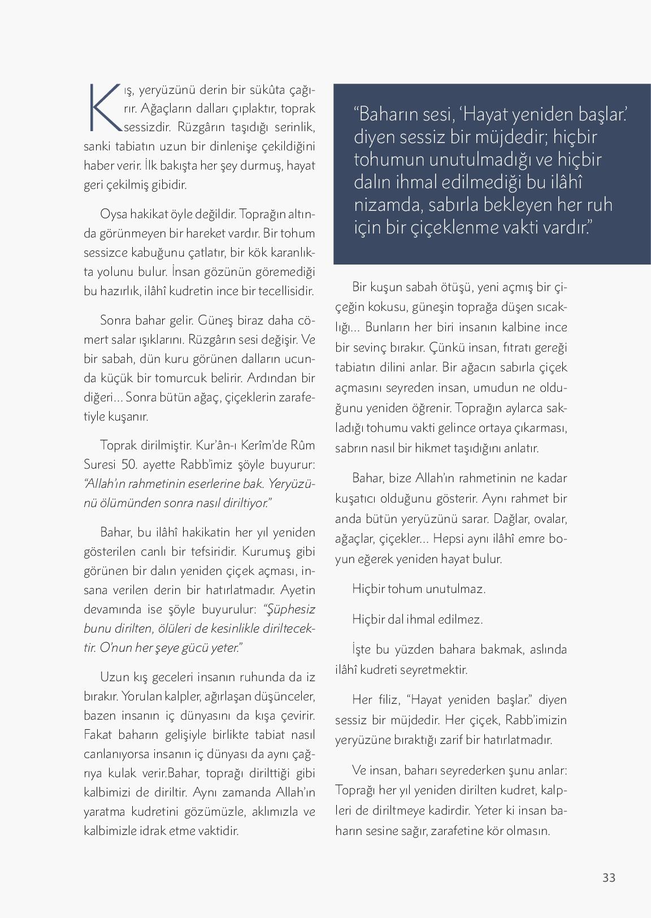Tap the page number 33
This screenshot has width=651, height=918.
(x=609, y=877)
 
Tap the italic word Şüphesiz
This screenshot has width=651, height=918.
(x=290, y=609)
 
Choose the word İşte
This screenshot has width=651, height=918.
(x=362, y=649)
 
